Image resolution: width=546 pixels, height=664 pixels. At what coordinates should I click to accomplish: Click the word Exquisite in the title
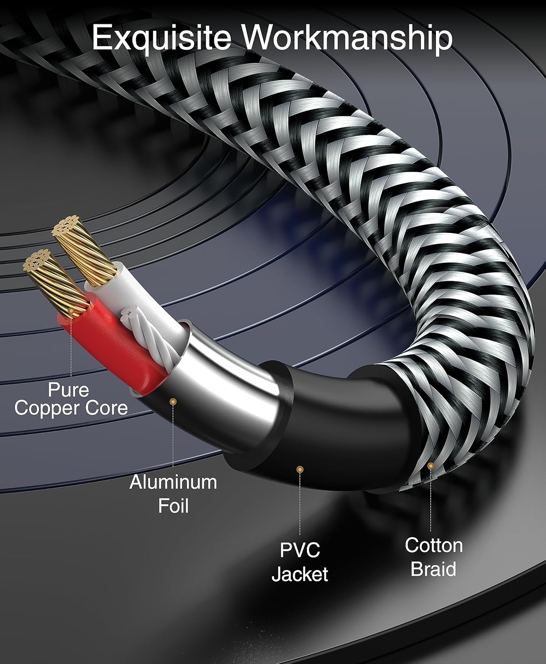pos(161,38)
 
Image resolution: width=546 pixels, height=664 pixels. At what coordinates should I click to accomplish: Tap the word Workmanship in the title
pos(347,38)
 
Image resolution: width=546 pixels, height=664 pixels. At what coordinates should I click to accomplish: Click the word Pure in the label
pos(69,390)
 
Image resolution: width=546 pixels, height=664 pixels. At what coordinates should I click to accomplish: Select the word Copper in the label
pos(47,408)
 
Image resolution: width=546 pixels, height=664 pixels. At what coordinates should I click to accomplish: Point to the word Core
pos(107,408)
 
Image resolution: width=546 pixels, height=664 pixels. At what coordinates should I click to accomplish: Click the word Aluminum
pos(173,482)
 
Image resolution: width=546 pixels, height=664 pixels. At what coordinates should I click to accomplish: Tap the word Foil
pos(173,506)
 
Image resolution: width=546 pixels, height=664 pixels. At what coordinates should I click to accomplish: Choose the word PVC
pos(300,550)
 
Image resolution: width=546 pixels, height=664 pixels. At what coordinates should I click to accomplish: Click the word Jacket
pos(300,574)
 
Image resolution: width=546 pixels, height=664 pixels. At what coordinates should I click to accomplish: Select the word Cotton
pos(434,545)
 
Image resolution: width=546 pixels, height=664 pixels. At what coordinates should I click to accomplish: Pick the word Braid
pos(433,569)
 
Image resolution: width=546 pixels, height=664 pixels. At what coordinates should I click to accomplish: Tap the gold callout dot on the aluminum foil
pos(173,401)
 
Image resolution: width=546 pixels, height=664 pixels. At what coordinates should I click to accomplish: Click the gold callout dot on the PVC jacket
pos(300,469)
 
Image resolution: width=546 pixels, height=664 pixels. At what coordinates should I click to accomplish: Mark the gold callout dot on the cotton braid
pos(430,466)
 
